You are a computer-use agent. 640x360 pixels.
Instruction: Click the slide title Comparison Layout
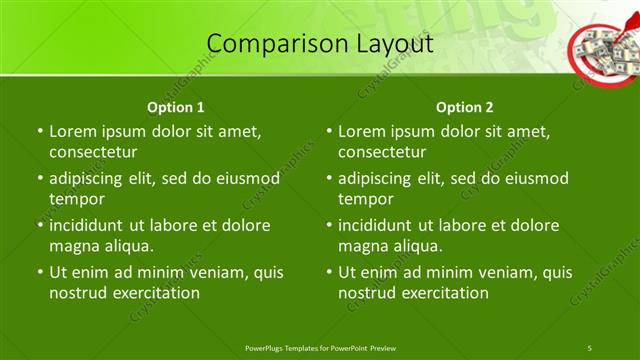tap(319, 44)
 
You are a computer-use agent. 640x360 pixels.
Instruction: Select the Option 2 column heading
tap(464, 107)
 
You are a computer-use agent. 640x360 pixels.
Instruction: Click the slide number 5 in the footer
tap(590, 347)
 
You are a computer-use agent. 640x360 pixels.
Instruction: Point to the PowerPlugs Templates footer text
tap(319, 347)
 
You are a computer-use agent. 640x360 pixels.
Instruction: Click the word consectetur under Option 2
tap(382, 152)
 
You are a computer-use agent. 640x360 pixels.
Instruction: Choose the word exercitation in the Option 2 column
tap(444, 293)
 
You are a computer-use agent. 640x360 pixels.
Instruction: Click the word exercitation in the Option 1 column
tap(155, 293)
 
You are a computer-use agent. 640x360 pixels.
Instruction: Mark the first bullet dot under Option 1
tap(39, 132)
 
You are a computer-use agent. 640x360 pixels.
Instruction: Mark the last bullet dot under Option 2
tap(328, 273)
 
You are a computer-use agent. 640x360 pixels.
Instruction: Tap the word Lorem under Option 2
tap(361, 131)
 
